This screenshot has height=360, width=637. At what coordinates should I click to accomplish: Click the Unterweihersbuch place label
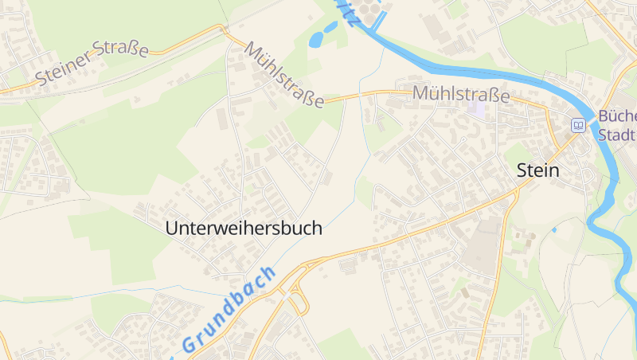244,228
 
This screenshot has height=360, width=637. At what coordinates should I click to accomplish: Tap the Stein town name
538,170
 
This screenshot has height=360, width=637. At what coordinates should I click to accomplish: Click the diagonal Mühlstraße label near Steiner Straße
284,74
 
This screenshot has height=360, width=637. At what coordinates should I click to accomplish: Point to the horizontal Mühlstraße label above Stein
460,94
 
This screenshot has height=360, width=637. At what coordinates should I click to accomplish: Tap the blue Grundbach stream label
228,310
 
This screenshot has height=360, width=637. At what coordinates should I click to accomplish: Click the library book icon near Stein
578,124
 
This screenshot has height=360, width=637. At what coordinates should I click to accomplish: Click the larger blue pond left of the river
316,37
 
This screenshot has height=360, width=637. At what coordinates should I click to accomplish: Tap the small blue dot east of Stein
554,229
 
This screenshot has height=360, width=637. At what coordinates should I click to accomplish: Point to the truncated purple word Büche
616,117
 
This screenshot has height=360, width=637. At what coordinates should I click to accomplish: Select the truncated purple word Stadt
616,135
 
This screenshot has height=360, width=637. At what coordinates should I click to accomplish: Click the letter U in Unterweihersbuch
170,228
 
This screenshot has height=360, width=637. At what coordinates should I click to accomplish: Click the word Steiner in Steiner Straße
64,72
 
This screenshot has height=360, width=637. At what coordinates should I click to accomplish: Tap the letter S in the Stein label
522,170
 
